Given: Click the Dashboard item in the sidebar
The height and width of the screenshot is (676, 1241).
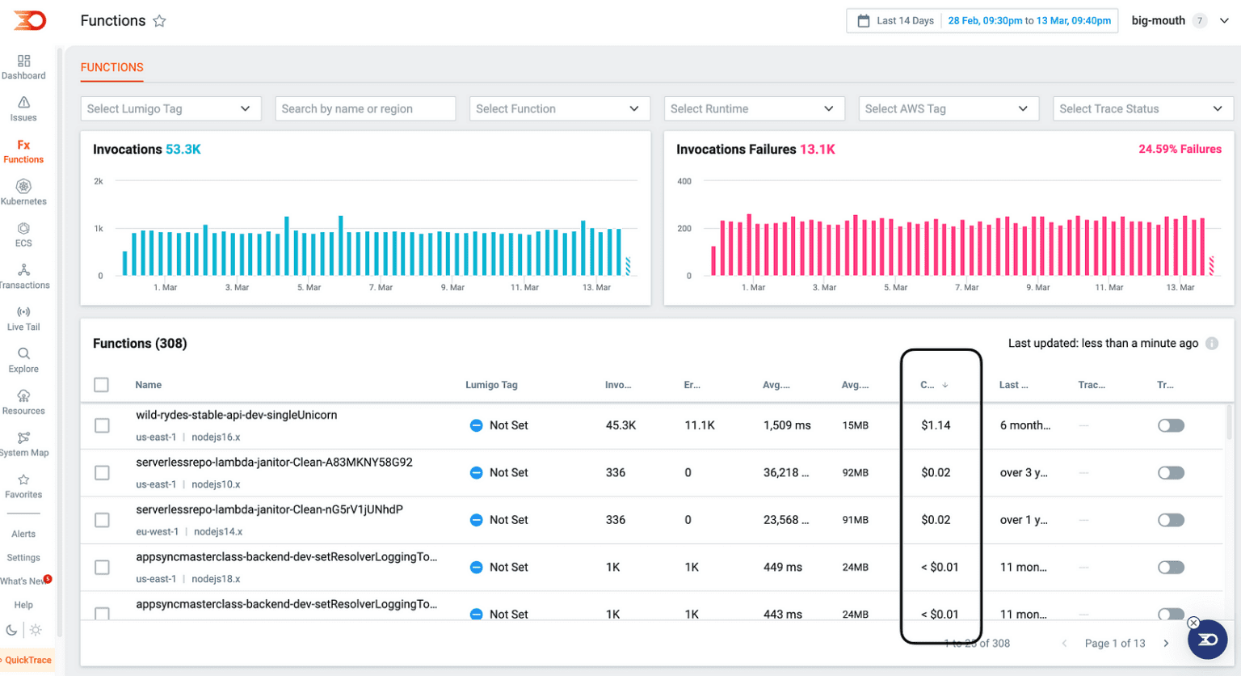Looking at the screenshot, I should coord(23,67).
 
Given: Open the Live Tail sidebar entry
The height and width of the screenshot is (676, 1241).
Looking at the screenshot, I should coord(23,319).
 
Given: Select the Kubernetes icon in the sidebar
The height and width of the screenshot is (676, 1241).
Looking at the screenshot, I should coord(23,187).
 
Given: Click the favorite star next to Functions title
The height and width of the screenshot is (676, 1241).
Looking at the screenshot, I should coord(159,21).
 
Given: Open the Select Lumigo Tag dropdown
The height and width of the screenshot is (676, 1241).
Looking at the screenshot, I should coord(170,109).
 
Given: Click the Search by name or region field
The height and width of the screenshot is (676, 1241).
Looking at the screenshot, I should coord(365,109).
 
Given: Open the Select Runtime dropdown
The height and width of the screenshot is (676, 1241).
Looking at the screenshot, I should coord(754,109).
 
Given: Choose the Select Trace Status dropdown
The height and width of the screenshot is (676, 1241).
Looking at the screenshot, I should coord(1142,109).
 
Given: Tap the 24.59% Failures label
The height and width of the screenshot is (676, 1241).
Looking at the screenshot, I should coord(1180,149).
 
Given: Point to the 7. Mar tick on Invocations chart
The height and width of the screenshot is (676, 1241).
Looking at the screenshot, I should coord(381,287).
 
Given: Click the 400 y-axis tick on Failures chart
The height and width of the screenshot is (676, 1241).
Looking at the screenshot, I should coord(684,181).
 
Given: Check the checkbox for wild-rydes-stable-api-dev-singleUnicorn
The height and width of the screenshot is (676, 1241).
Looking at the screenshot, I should coord(102,425).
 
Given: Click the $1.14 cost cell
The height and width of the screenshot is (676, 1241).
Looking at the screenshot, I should coord(936,425).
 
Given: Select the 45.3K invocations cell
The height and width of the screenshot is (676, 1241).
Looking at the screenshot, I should coord(620,425).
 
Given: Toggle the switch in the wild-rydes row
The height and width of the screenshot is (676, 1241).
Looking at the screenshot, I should coord(1171,425).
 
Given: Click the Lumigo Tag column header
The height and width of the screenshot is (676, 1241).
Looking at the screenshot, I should coord(491,385).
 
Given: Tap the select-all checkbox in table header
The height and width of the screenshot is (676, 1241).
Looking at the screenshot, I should coord(101,385).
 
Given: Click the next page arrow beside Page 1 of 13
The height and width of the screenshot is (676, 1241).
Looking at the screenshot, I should coord(1166,644).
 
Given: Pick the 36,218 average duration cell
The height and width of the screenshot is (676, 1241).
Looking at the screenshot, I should coord(785,473).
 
